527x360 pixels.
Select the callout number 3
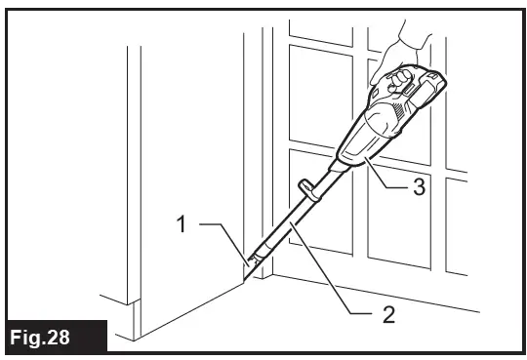418,188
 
